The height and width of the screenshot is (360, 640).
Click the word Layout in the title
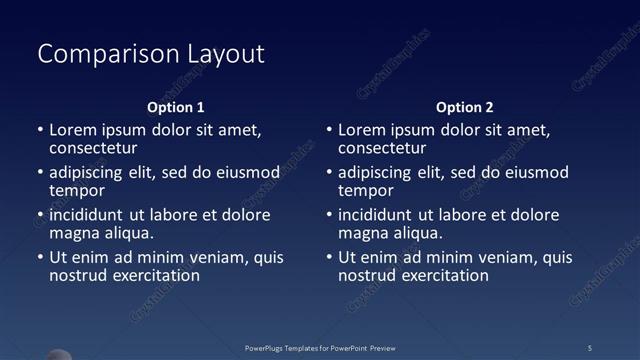tap(227, 53)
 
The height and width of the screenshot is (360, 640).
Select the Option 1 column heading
tap(176, 107)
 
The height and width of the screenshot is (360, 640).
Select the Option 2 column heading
tap(465, 107)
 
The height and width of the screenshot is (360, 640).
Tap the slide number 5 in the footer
tap(590, 348)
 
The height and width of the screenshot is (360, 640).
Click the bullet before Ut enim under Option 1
tap(40, 258)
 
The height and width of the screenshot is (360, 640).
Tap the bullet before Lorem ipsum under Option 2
tap(329, 130)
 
